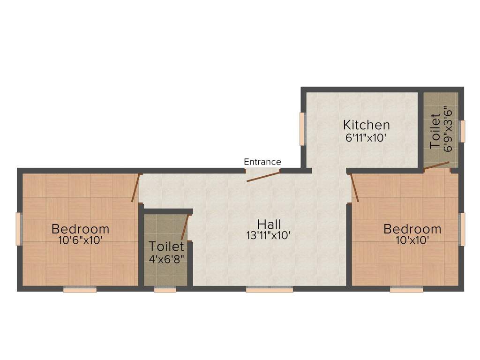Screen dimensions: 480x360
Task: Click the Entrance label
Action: click(262, 162)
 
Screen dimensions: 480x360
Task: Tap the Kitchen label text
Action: click(367, 125)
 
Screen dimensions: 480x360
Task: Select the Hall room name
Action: click(269, 224)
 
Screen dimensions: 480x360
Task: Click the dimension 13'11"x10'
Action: click(269, 235)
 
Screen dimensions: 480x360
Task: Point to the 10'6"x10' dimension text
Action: click(80, 240)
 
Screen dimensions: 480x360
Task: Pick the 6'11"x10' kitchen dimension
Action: click(365, 138)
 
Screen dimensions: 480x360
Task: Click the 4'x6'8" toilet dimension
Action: click(166, 259)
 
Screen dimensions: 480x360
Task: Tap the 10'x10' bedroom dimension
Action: click(412, 240)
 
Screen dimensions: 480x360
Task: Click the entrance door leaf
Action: click(263, 177)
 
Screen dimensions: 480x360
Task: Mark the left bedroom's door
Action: click(136, 188)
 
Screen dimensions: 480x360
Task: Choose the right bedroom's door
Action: click(354, 188)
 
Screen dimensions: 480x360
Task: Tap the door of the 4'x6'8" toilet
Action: click(185, 227)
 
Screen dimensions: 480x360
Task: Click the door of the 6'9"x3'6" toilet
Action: click(436, 165)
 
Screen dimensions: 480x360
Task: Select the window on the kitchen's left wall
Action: click(303, 129)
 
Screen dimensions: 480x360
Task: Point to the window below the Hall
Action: click(270, 289)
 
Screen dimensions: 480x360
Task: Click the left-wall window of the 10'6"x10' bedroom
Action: click(19, 229)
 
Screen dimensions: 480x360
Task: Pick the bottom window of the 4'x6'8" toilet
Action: click(165, 289)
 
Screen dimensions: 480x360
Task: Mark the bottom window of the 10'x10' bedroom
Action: click(406, 289)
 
